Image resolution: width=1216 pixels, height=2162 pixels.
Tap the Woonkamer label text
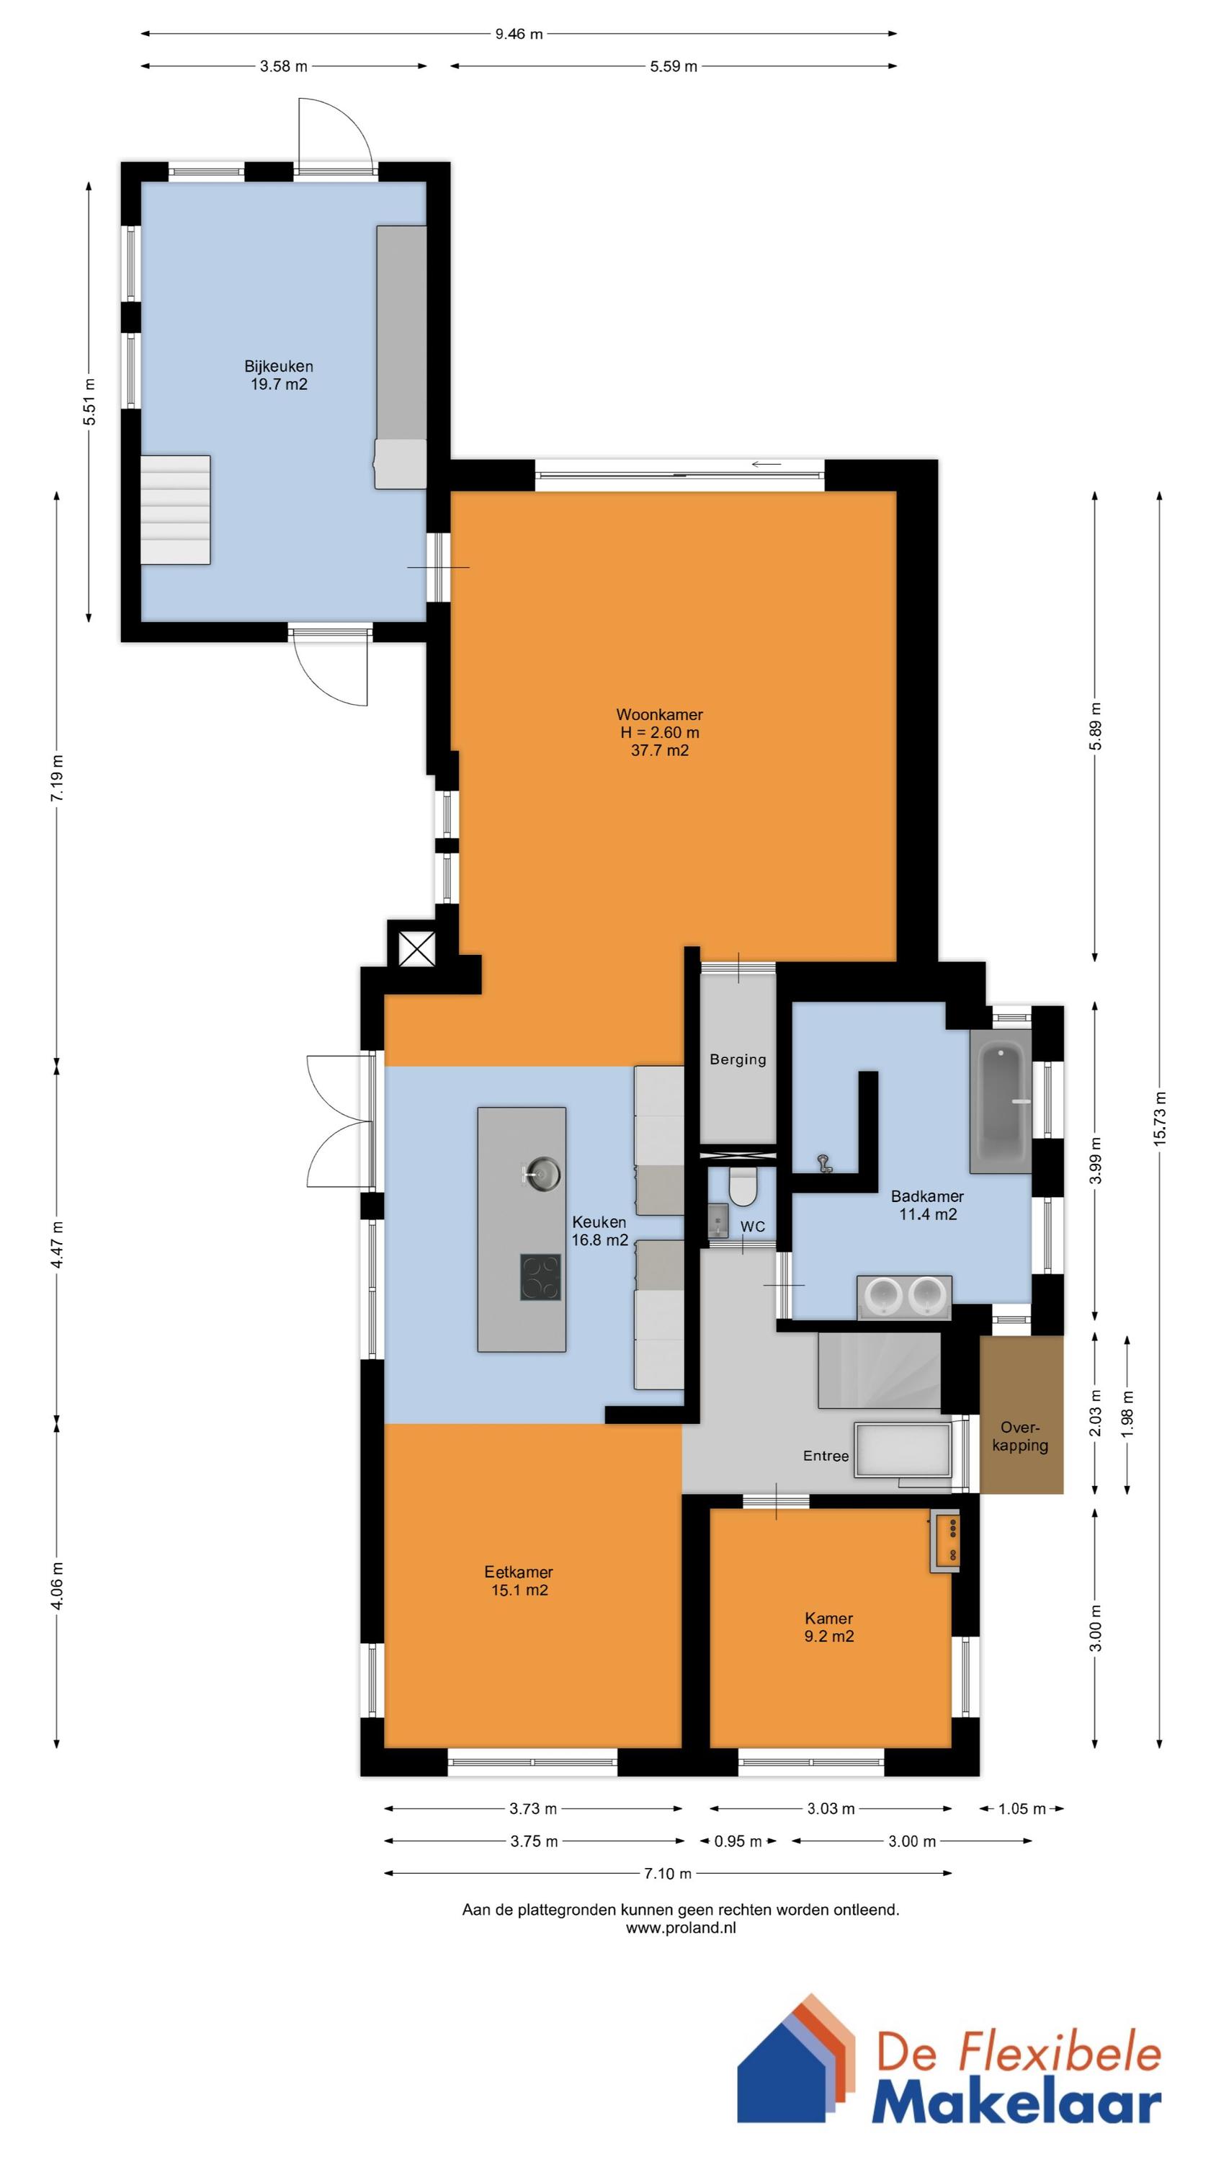coord(660,715)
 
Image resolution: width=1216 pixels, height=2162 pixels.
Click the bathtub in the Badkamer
coord(1001,1100)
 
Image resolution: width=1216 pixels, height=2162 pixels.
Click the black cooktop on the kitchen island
coord(540,1276)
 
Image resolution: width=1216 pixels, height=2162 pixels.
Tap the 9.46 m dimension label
coord(519,35)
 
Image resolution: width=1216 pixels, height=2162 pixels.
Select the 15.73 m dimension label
coord(1160,1118)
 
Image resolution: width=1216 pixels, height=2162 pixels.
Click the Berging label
coord(738,1059)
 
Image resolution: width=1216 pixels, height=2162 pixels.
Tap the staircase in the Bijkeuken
coord(174,510)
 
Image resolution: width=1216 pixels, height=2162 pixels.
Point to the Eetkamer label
coord(519,1571)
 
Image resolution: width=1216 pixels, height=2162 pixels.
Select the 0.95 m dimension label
coord(738,1841)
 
